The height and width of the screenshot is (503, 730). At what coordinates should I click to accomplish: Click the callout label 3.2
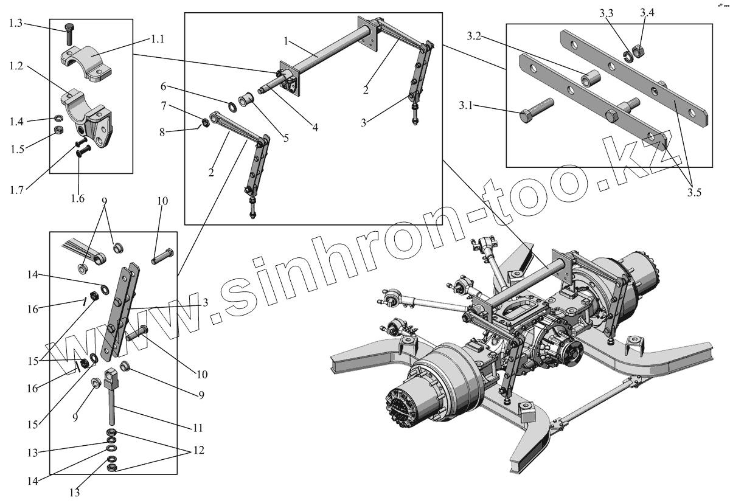coord(475,36)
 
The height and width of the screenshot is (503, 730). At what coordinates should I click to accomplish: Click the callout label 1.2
coord(15,66)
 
